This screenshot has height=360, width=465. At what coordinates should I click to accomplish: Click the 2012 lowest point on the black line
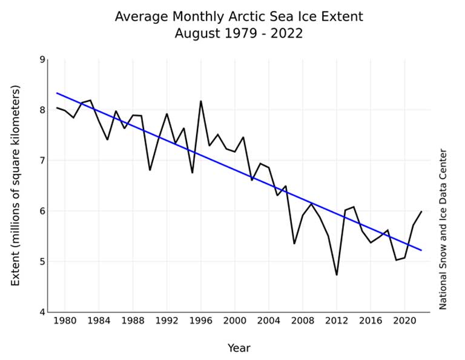click(x=337, y=275)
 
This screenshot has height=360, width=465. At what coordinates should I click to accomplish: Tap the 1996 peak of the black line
click(x=201, y=101)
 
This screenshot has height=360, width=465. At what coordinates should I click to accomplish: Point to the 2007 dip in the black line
click(x=294, y=244)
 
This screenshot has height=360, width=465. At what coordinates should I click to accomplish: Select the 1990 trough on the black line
click(x=150, y=170)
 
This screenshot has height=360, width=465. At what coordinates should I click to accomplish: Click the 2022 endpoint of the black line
click(x=421, y=212)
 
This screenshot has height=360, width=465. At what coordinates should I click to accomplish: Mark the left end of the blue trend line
click(x=56, y=93)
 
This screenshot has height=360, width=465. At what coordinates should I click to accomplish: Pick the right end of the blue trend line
click(x=421, y=250)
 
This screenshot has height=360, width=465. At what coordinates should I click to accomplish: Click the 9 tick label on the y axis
click(x=42, y=59)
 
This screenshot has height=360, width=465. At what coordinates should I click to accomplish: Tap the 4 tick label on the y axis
click(x=42, y=312)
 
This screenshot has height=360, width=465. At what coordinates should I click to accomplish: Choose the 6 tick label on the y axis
click(x=42, y=211)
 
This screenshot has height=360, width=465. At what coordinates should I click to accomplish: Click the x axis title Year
click(x=239, y=348)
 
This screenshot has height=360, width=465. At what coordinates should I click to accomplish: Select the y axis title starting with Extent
click(x=16, y=185)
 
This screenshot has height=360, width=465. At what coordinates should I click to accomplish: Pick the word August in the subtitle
click(x=197, y=34)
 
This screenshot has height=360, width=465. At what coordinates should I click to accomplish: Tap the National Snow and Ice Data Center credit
click(x=443, y=229)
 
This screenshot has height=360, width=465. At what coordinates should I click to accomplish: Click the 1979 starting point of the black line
click(x=56, y=108)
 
